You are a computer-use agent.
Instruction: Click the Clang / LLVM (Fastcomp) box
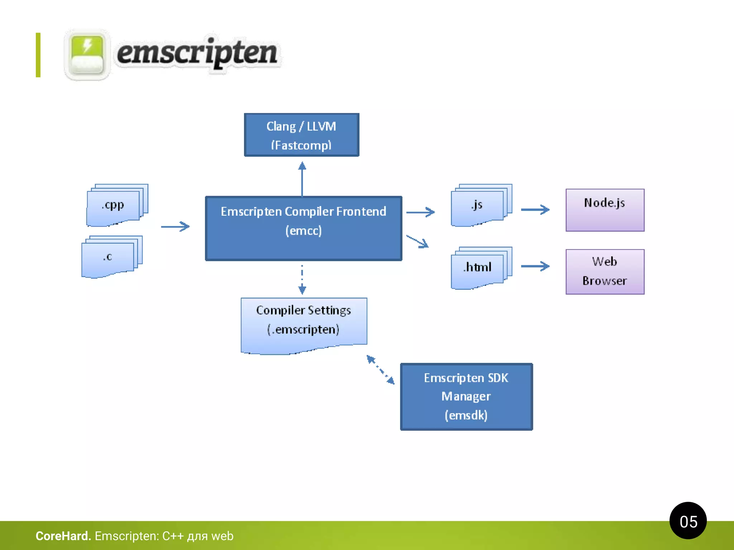pos(301,135)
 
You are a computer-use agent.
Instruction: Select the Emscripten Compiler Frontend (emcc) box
pos(303,228)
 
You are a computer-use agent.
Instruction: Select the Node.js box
pos(605,210)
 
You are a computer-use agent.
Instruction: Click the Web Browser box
pos(605,272)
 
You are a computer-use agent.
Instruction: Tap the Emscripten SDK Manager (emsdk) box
pos(466,397)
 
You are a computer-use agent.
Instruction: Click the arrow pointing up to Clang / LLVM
pos(302,179)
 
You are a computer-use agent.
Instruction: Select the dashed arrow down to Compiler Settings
pos(302,279)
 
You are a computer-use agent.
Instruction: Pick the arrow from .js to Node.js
pos(535,209)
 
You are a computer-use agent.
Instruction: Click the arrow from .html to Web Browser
pos(535,266)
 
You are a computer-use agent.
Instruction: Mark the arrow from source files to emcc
pos(175,226)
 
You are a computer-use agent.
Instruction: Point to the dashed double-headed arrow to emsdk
pos(380,370)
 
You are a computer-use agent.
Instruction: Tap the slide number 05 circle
pos(688,521)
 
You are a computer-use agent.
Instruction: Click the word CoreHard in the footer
pos(63,536)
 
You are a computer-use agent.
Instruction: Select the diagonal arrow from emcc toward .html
pos(418,241)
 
